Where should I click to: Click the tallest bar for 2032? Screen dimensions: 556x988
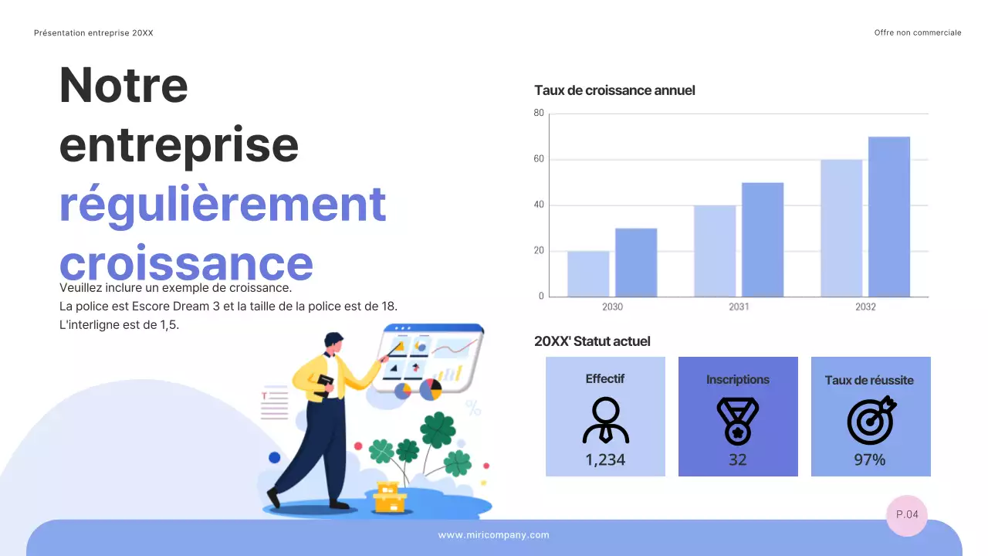(889, 217)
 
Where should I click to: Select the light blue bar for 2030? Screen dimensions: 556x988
(588, 273)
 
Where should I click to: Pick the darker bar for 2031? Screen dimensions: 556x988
(763, 239)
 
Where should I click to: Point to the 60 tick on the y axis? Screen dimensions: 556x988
(539, 159)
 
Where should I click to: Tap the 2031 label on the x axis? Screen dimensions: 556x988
(739, 307)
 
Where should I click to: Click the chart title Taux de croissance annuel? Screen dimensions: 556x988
(614, 90)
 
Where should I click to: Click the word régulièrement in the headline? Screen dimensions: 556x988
(222, 204)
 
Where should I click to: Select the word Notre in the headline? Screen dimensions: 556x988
(123, 85)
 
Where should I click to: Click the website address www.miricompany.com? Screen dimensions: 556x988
(494, 535)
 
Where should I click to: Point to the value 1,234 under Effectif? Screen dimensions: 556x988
(605, 459)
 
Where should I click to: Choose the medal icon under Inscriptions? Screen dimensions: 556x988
(738, 421)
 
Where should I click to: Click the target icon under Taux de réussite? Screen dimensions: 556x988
(871, 420)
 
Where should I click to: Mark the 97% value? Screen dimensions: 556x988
(870, 459)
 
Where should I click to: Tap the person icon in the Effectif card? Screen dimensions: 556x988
(605, 420)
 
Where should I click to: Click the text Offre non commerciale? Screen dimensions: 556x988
(918, 33)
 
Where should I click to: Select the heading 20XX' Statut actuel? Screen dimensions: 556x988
(592, 341)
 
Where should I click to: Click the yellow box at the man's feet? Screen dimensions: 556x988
(389, 498)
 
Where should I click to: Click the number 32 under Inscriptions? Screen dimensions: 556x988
(738, 459)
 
